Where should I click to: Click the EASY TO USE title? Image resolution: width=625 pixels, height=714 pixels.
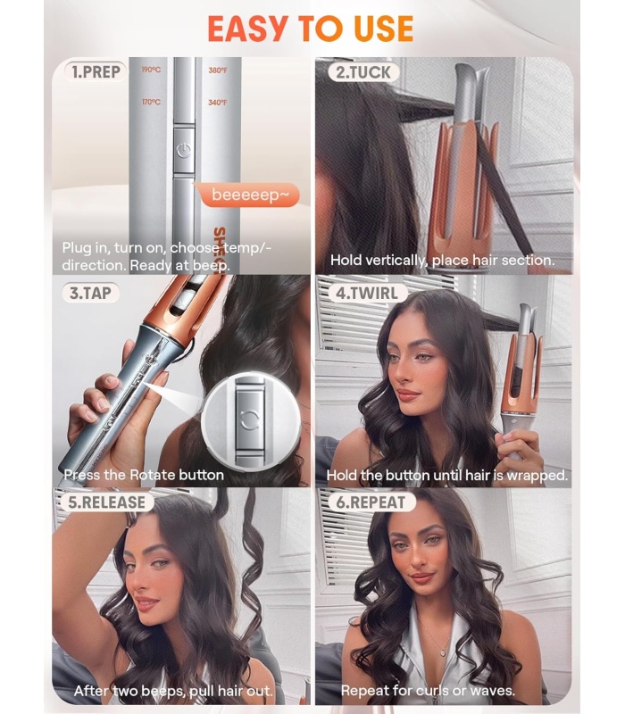(x=310, y=29)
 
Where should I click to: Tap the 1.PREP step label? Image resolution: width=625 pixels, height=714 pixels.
(x=96, y=72)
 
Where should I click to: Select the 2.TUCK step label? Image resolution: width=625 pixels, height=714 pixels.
(x=363, y=72)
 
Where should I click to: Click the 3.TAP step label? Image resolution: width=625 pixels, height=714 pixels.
(x=90, y=293)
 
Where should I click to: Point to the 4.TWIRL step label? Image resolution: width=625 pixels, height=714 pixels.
(x=367, y=294)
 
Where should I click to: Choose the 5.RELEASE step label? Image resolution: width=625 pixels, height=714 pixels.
(x=106, y=502)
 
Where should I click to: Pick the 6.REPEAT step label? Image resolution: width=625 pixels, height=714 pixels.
(x=371, y=502)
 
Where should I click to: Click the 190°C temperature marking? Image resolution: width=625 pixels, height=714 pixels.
(x=151, y=71)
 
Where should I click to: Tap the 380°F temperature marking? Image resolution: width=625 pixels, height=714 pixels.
(x=218, y=71)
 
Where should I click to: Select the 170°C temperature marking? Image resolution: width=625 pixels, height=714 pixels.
(x=151, y=102)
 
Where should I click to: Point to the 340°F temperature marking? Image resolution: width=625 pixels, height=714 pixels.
(x=217, y=103)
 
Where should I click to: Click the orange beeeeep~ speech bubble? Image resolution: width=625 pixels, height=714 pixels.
(x=250, y=195)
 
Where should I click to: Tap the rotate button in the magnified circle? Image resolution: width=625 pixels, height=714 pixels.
(x=249, y=419)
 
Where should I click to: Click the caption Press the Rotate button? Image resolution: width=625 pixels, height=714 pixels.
(x=144, y=475)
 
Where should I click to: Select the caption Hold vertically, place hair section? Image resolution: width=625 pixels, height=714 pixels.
(x=442, y=260)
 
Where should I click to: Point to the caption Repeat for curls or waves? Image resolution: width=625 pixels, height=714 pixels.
(x=428, y=690)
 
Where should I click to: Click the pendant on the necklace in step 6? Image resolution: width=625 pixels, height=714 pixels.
(x=443, y=652)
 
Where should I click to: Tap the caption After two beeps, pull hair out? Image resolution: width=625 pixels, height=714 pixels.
(x=173, y=691)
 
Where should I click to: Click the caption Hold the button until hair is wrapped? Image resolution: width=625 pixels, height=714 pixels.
(x=447, y=476)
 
